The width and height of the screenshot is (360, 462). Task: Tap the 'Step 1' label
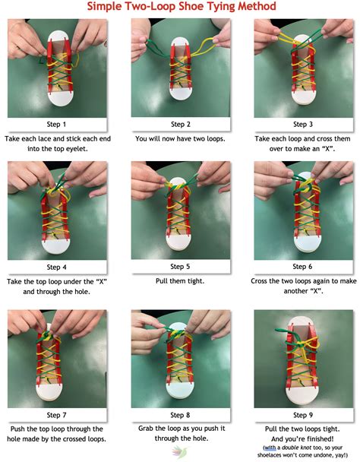[56, 125]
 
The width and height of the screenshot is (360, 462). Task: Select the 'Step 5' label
[180, 267]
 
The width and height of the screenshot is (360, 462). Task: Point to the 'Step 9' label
[303, 415]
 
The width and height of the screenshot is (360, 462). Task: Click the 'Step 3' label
[303, 125]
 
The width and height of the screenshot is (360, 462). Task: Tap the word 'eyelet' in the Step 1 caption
[77, 149]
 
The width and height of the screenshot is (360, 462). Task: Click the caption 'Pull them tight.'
[180, 281]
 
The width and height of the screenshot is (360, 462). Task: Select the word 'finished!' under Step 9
[319, 439]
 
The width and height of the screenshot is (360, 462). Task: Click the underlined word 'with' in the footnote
[270, 448]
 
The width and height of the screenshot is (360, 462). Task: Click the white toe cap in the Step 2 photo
[180, 93]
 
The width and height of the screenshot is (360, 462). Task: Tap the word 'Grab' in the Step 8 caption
[146, 429]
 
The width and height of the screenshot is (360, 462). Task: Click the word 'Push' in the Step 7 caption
[18, 429]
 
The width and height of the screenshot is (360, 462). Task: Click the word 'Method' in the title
[257, 6]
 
